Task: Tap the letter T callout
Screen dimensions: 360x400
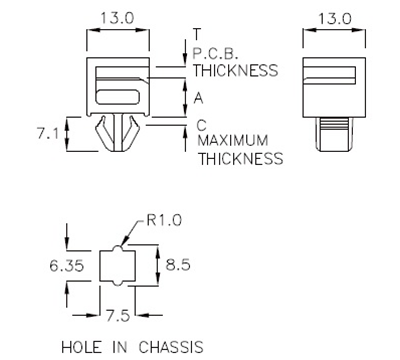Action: pyautogui.click(x=196, y=33)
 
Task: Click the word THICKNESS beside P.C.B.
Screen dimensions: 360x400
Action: pyautogui.click(x=235, y=71)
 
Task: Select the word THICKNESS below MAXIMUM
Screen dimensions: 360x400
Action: pyautogui.click(x=240, y=158)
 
